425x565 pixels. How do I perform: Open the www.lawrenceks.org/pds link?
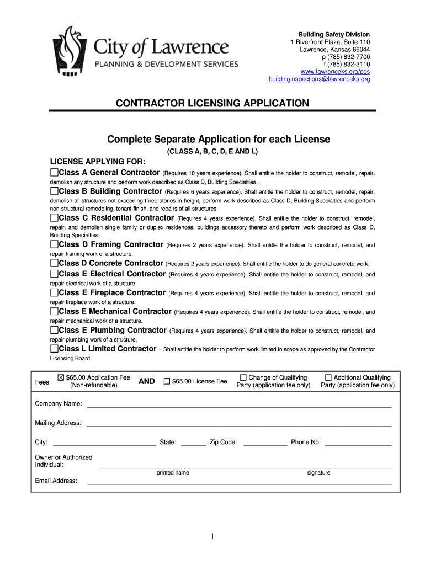335,72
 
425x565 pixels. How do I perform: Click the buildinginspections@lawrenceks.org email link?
319,79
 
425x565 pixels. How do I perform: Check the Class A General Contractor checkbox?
54,173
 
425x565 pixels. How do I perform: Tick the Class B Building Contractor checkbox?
54,191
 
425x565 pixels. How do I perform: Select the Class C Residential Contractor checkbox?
54,218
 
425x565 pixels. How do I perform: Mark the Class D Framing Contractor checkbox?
54,244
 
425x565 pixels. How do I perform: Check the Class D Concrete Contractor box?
54,263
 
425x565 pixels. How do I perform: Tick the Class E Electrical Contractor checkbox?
54,274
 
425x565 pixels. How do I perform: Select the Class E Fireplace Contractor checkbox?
54,293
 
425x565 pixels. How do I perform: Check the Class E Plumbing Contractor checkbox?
54,331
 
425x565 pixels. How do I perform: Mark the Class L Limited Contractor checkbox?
54,349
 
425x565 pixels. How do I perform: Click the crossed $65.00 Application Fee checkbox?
61,378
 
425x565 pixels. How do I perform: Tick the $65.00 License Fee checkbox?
167,381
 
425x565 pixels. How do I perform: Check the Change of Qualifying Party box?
243,378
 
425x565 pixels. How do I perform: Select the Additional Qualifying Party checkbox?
328,378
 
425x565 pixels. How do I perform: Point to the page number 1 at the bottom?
212,536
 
